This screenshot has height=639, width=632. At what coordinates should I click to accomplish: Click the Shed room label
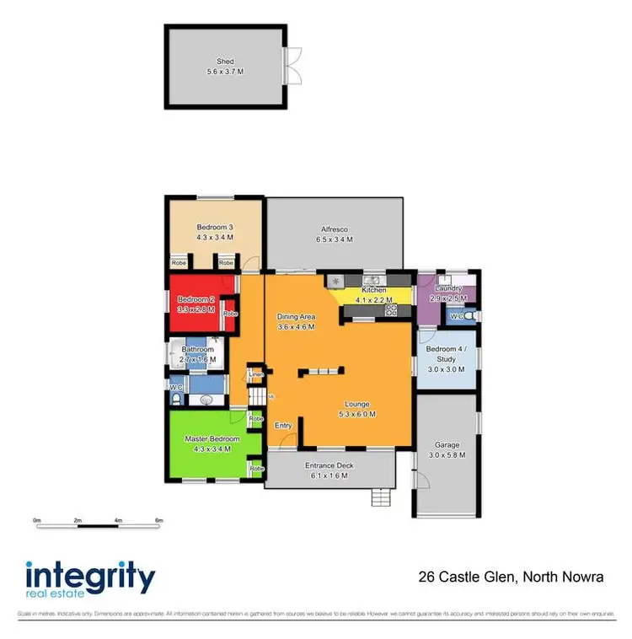pos(225,62)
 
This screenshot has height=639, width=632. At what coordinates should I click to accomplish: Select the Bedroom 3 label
pos(215,228)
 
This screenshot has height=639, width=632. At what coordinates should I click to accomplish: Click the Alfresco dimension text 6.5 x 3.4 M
pos(335,240)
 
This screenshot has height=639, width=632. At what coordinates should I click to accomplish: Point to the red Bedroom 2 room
pos(195,304)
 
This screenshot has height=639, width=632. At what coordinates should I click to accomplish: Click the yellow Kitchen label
pos(372,290)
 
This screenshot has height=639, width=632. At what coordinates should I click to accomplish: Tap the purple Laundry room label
pos(447,288)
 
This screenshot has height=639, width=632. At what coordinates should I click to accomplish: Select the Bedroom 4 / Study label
pos(447,354)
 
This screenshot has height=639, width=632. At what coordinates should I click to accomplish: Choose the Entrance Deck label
pos(329,465)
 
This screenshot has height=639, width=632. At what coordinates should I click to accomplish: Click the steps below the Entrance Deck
pos(382,498)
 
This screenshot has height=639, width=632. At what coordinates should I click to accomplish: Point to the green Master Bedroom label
pos(212,439)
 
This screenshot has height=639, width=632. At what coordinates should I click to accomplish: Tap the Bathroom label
pos(198,349)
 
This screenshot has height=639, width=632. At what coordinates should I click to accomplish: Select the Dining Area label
pos(296,316)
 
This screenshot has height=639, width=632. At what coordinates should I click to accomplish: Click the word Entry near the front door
pos(284,426)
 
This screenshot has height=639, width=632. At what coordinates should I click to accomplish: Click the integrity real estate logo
pos(90,580)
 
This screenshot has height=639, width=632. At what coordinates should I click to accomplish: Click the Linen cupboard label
pos(255,375)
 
